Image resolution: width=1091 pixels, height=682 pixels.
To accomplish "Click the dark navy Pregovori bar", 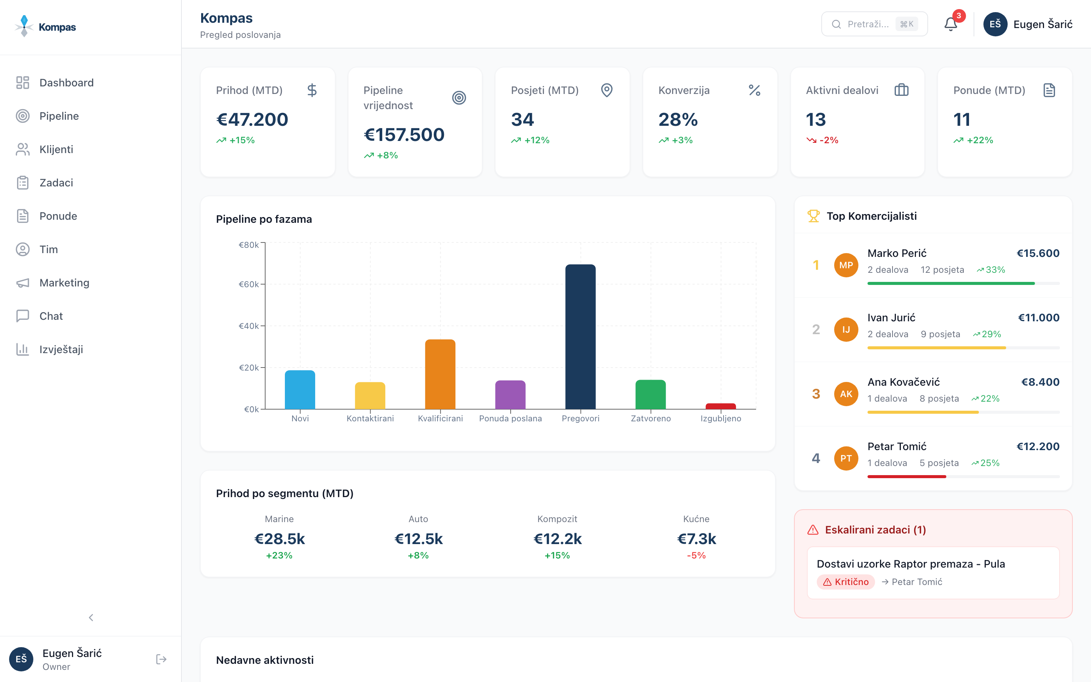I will pos(580,336).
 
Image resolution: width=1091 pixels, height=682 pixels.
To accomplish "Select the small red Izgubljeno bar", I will pos(721,406).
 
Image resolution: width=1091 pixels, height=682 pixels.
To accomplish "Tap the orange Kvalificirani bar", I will pos(440,374).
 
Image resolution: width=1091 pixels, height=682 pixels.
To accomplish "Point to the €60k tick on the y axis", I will pos(249,284).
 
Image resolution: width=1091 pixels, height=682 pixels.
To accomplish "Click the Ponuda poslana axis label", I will pos(510,419).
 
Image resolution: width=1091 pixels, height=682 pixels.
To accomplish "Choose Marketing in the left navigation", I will pos(64,283).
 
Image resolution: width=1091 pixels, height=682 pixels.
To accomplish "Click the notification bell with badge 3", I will pos(950,24).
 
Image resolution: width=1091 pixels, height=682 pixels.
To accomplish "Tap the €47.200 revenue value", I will pos(252,119).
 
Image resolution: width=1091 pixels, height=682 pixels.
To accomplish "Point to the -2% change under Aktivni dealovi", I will pos(828,140).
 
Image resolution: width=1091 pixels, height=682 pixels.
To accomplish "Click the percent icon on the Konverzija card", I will pos(754,90).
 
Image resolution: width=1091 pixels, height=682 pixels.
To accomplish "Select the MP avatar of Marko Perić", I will pos(846,265).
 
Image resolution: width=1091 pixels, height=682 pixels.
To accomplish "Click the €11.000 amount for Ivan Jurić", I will pos(1038,318).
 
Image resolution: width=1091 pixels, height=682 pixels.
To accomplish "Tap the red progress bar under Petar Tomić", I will pos(906,476).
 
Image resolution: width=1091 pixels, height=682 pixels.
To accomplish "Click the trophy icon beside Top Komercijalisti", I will pos(813,216).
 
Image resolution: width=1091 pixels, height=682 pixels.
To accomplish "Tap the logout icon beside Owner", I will pos(161,659).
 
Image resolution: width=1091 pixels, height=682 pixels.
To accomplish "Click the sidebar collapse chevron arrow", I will pos(91,618).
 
